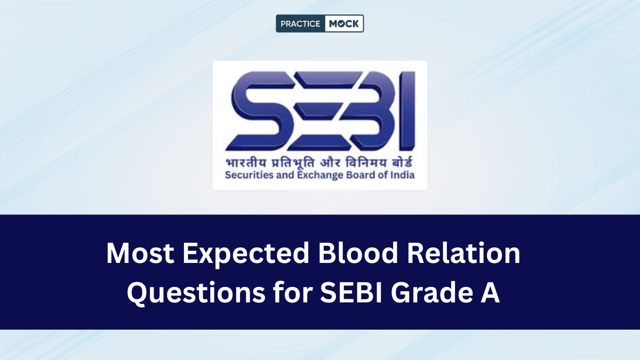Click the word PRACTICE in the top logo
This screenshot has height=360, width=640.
(x=300, y=23)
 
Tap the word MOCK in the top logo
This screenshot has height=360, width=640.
(x=344, y=23)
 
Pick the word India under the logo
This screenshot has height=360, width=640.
(x=403, y=175)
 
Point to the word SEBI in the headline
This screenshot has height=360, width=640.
(x=351, y=294)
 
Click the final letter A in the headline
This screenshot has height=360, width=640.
(x=490, y=294)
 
